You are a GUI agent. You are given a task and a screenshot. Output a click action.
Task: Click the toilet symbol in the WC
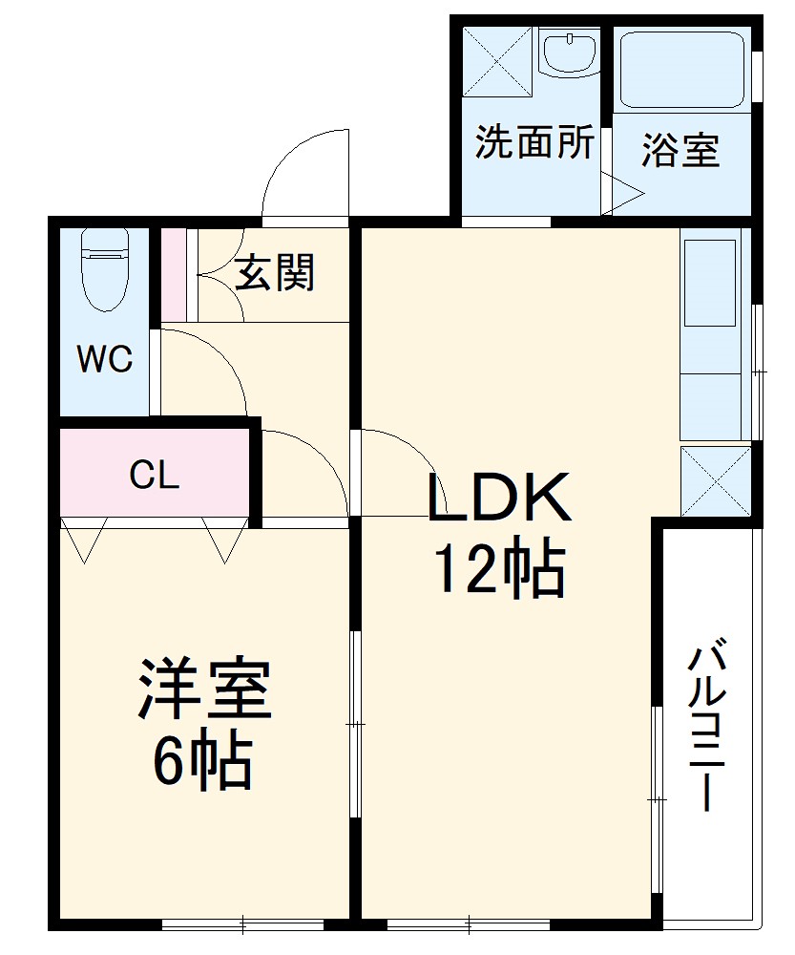point(104,270)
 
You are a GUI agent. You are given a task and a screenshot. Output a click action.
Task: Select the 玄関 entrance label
point(275,274)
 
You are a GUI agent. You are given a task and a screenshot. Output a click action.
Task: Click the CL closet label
point(155,474)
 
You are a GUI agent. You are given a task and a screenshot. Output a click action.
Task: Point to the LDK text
point(498,498)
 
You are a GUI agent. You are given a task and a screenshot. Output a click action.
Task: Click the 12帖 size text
point(498,570)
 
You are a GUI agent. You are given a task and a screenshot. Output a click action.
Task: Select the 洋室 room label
point(205,689)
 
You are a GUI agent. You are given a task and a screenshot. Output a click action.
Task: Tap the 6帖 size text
point(203,761)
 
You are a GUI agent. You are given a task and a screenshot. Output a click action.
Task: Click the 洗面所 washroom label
point(534,142)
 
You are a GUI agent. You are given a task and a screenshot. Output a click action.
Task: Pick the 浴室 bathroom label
point(680,151)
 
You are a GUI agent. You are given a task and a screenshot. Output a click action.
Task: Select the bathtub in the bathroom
point(680,69)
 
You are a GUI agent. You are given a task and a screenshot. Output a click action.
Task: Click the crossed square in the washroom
point(496,62)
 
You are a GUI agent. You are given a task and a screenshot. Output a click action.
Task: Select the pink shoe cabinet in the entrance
point(173,275)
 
